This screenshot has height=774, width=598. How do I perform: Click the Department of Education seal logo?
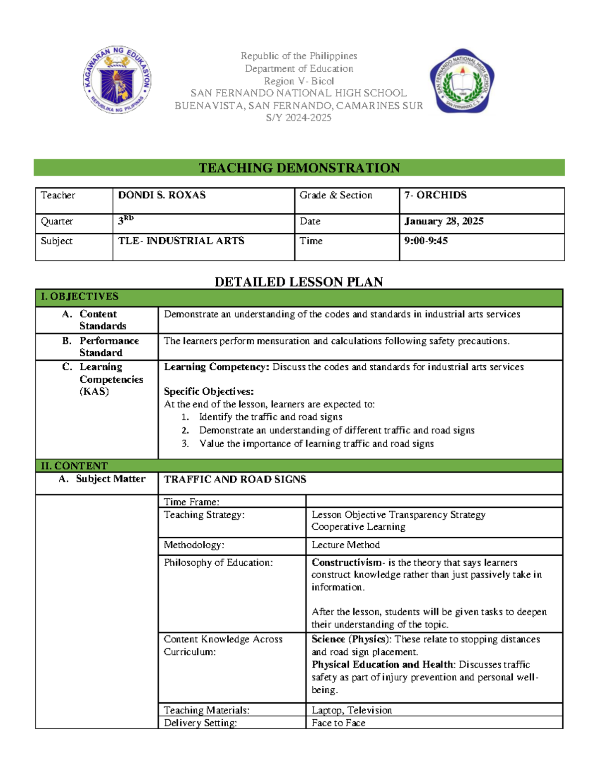point(117,80)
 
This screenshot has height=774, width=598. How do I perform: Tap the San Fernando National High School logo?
point(462,81)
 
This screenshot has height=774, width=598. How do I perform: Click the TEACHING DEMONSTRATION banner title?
point(299,168)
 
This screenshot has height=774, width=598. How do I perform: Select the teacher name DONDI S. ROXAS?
point(162,195)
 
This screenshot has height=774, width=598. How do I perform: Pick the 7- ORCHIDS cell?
point(435,195)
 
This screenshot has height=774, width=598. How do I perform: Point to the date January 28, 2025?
point(444,221)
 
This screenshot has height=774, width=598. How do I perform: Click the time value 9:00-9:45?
point(426,241)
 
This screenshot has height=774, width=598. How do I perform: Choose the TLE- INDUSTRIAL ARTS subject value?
point(181,241)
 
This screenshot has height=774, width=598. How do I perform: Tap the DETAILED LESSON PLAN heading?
point(299,282)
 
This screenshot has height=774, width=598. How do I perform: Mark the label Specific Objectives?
point(209,392)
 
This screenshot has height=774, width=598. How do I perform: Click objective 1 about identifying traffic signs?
point(271,417)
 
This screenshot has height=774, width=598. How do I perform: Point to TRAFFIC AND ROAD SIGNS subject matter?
point(235,479)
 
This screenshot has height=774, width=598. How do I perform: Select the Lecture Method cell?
point(346,545)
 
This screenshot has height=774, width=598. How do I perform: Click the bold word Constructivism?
point(347,563)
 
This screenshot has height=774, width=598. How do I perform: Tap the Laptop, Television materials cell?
point(352,710)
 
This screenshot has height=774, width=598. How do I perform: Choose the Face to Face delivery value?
point(338,723)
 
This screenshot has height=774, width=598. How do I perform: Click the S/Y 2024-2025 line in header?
point(299,118)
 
